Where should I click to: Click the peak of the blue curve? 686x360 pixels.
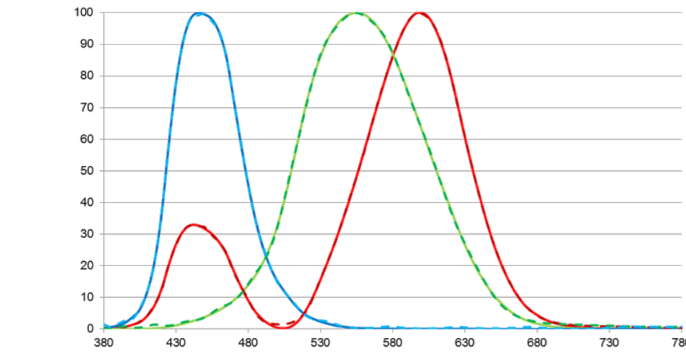200,13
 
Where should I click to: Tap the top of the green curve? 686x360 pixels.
355,13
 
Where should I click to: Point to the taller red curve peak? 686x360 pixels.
420,12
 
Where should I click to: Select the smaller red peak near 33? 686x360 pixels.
194,224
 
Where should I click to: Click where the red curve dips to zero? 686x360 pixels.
284,327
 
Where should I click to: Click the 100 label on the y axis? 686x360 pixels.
84,12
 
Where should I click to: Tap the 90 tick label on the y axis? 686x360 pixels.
86,44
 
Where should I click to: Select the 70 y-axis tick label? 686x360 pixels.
86,107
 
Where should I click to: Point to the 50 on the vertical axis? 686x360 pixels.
86,171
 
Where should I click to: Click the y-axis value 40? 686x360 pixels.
86,202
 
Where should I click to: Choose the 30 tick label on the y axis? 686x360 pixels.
86,234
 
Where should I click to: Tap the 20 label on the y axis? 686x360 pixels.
86,265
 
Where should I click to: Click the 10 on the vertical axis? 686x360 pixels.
86,297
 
